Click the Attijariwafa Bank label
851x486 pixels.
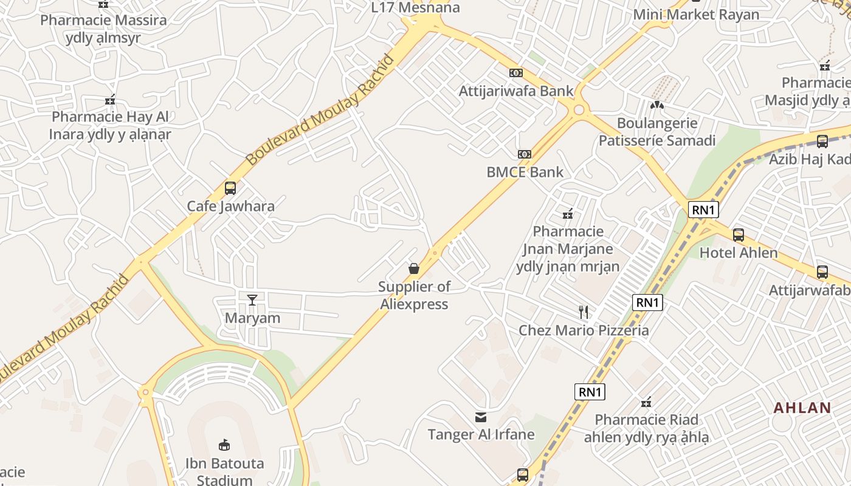point(516,91)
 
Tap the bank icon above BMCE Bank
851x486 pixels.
point(525,154)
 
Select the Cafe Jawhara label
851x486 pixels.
point(230,206)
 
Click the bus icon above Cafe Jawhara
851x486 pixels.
point(230,188)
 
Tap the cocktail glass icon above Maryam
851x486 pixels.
point(252,299)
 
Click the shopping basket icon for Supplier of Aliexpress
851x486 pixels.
point(414,269)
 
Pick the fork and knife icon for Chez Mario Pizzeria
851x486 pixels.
point(584,312)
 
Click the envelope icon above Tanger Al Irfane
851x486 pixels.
point(481,417)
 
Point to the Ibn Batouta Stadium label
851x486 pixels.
point(225,471)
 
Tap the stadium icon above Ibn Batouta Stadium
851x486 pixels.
point(224,445)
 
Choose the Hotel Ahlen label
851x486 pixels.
point(739,253)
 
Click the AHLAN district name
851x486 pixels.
point(802,408)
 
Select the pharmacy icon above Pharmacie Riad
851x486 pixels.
point(646,402)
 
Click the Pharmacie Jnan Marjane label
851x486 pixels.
point(568,248)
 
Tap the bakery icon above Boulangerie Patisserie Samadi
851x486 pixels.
point(656,105)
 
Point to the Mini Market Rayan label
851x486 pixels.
point(696,15)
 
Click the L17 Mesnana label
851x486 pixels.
point(416,8)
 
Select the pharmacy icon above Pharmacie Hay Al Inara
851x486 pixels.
point(110,100)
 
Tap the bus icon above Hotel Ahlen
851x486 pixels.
point(739,234)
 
